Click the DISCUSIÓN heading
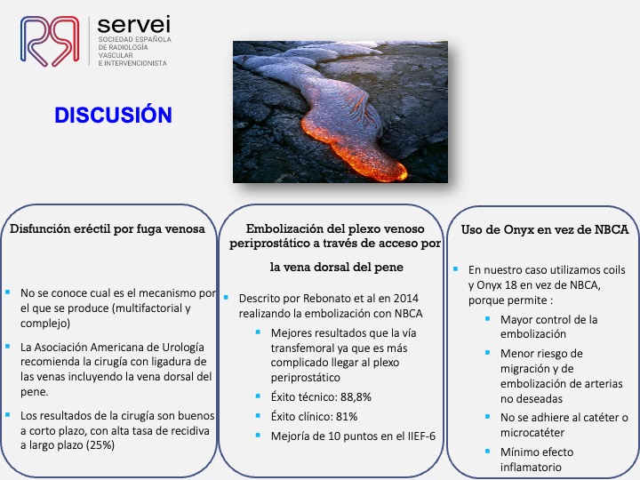(x=113, y=115)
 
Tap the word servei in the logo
(x=133, y=25)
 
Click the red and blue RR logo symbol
(x=50, y=41)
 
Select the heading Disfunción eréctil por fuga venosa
(x=108, y=228)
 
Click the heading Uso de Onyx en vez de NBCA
(x=545, y=229)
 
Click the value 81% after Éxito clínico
(x=347, y=416)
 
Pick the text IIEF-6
(x=421, y=436)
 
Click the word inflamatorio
(x=531, y=467)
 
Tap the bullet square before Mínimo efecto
(x=487, y=451)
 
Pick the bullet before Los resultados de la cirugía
(x=7, y=415)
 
